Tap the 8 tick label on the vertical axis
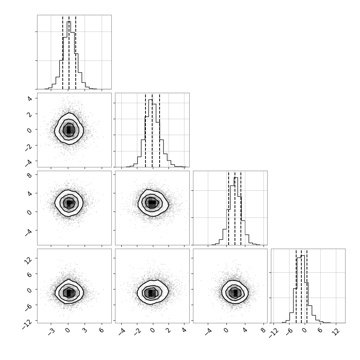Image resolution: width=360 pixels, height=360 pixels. [29, 176]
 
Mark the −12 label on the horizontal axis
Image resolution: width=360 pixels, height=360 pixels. [273, 333]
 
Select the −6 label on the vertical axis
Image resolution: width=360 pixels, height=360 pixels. [28, 307]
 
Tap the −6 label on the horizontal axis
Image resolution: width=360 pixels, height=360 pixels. [289, 331]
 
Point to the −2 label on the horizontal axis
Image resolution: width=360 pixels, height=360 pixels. [137, 331]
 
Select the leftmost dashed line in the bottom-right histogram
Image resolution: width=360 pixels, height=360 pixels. [296, 286]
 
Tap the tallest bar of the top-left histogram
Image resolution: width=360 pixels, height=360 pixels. [69, 55]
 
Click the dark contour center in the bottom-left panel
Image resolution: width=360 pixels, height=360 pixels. [69, 293]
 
